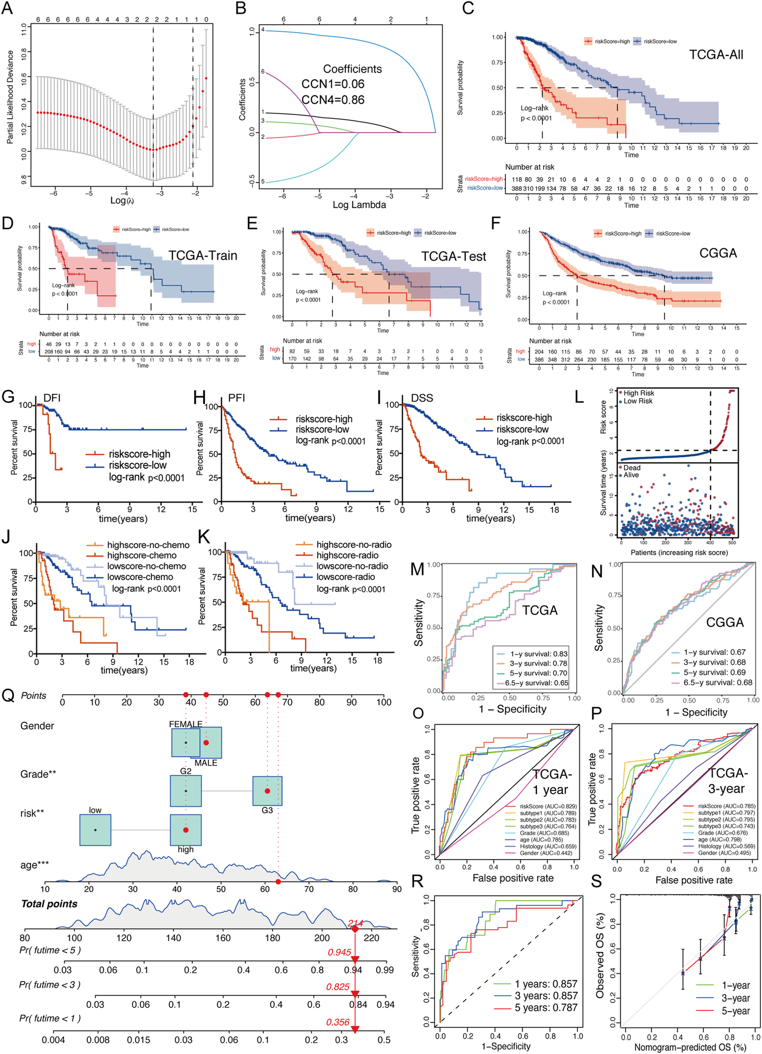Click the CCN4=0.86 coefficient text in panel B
[333, 100]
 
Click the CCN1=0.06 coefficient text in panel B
[333, 84]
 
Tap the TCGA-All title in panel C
[716, 55]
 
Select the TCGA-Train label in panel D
[203, 255]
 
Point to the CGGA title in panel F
[718, 253]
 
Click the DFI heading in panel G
[52, 398]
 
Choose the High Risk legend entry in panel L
[639, 393]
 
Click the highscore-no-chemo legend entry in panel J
[148, 545]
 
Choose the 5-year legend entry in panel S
[736, 1011]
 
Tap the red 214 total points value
[355, 923]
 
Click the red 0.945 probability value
[339, 952]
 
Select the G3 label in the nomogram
[267, 810]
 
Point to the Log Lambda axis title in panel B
[359, 205]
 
